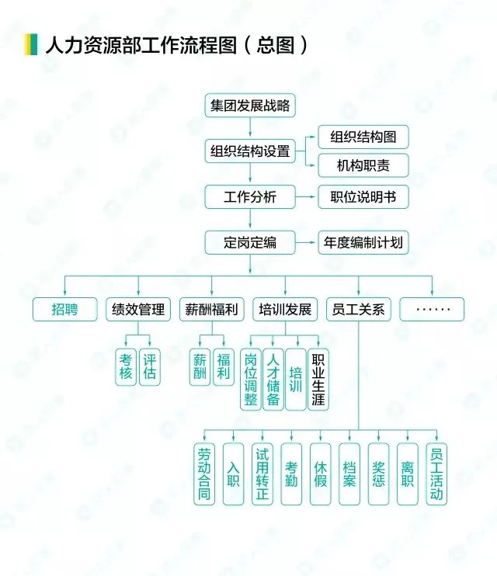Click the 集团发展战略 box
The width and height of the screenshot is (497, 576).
click(250, 105)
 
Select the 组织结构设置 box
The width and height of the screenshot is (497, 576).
click(250, 151)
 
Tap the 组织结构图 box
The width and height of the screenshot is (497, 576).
click(363, 137)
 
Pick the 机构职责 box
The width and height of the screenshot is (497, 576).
click(363, 165)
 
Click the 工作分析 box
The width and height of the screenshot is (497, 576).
click(250, 196)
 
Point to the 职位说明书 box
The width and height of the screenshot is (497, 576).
click(363, 196)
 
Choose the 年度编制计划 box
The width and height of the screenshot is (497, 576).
click(363, 242)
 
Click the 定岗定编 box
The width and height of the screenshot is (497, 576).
click(250, 242)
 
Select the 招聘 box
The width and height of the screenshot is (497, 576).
click(65, 309)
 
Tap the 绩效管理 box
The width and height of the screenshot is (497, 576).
click(138, 309)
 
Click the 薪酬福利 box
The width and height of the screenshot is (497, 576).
click(212, 309)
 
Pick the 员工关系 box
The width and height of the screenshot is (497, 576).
click(358, 309)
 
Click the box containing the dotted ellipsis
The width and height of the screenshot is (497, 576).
click(432, 309)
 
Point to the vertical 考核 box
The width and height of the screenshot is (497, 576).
click(126, 366)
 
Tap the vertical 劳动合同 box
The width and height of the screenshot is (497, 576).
click(204, 474)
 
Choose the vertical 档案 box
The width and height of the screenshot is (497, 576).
click(349, 474)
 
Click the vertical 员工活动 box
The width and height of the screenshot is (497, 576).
click(436, 474)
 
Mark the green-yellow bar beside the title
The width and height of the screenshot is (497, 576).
click(32, 44)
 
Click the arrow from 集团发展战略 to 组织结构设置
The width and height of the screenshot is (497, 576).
click(250, 127)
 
